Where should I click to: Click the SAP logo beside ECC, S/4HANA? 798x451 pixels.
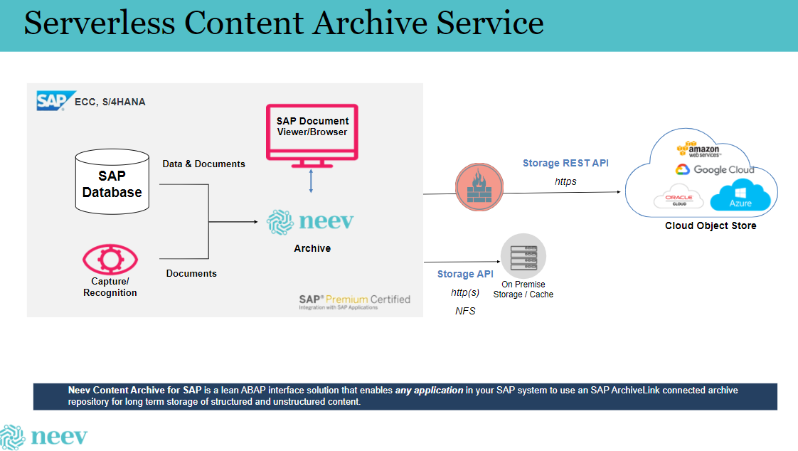(56, 100)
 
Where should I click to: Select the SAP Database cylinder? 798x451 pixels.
(112, 183)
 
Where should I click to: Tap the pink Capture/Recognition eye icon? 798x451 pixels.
(110, 261)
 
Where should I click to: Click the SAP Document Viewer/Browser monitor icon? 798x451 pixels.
(312, 134)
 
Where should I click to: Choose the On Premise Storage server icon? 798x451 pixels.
(523, 256)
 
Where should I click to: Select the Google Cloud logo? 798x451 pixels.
(715, 169)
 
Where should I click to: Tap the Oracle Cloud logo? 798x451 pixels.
(679, 198)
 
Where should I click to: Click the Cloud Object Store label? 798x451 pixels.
(711, 225)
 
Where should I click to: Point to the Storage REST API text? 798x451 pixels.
(565, 163)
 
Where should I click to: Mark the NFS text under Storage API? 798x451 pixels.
(465, 311)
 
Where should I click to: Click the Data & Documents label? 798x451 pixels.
(203, 164)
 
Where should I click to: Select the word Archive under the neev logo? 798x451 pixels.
(312, 248)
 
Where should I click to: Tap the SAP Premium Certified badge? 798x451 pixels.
(354, 302)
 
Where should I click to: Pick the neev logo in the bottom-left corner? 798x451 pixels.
(44, 436)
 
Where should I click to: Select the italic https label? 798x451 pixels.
(565, 181)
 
